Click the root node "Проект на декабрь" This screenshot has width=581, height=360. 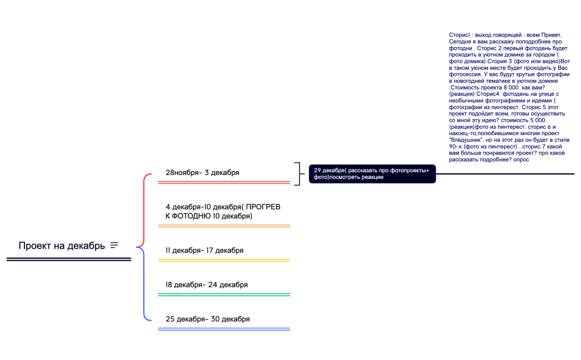point(62,245)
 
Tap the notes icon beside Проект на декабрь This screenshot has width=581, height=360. point(114,245)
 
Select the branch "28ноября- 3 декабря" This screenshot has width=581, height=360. point(202,173)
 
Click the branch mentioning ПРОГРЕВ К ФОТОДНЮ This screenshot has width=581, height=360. point(223,212)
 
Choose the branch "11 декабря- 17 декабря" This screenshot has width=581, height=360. point(204,250)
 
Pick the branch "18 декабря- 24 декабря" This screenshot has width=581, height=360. point(207,285)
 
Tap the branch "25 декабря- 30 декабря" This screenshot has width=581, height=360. point(208,319)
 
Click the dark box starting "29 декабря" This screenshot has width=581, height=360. point(372,174)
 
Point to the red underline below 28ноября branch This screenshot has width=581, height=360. point(224,182)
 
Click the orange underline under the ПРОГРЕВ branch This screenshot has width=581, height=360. point(224,225)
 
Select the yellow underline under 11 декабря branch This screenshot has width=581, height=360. point(224,260)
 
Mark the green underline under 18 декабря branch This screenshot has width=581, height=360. point(224,295)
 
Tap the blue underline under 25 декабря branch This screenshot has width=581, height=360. point(224,329)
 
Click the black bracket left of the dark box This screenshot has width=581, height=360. point(300,174)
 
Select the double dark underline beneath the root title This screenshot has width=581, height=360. point(69,259)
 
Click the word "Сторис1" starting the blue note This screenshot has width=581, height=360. point(460,35)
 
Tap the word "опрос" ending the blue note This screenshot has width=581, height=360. point(521,160)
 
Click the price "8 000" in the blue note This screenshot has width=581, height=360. point(511,88)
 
